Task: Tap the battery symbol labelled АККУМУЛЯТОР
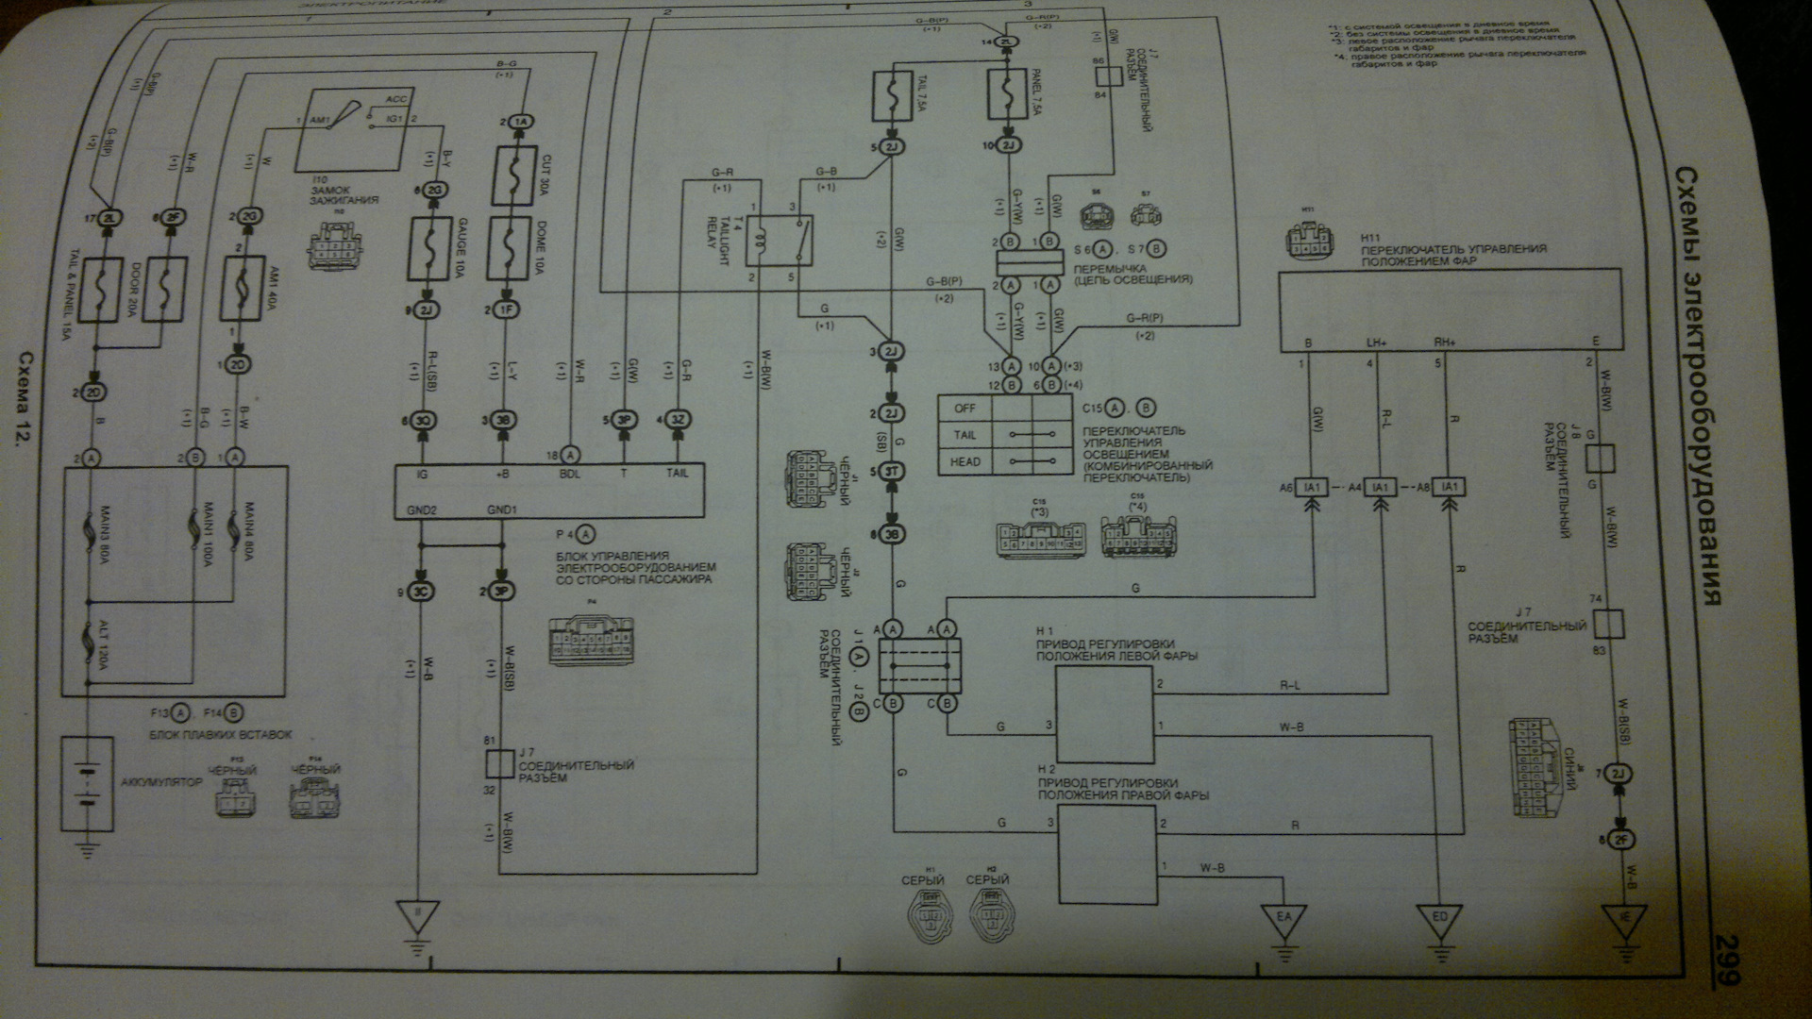(x=86, y=783)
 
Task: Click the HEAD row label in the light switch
(x=965, y=461)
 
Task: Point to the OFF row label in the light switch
(x=965, y=409)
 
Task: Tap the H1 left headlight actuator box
(x=1103, y=714)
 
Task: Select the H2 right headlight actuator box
(x=1106, y=854)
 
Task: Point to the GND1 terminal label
(x=501, y=509)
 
